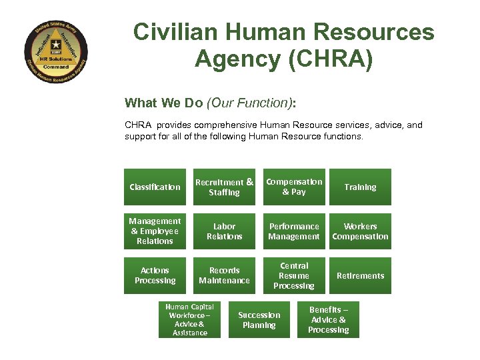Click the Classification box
155,187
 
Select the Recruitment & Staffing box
224,187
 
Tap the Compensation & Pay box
294,187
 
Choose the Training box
360,187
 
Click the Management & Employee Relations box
155,231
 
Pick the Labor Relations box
224,231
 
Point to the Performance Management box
294,231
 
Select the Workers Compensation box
360,231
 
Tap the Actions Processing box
155,275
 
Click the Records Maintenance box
224,275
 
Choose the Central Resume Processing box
294,275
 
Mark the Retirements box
360,275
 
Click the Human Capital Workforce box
189,320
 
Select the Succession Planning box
259,320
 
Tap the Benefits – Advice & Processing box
328,320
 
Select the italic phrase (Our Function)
249,103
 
